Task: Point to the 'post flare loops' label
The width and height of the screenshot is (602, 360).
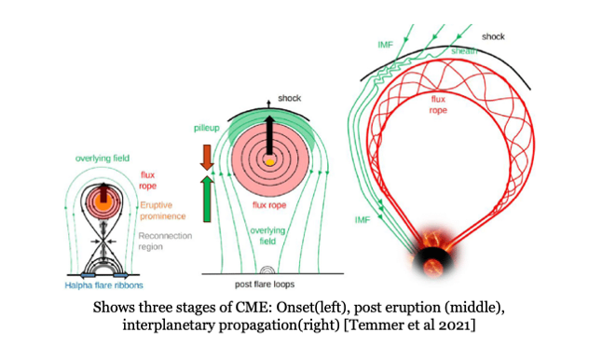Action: coord(275,282)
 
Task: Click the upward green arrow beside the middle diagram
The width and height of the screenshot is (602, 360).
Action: coord(207,198)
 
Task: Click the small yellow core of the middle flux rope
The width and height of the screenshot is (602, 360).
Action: coord(268,161)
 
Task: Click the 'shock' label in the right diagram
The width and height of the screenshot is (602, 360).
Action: coord(495,36)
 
